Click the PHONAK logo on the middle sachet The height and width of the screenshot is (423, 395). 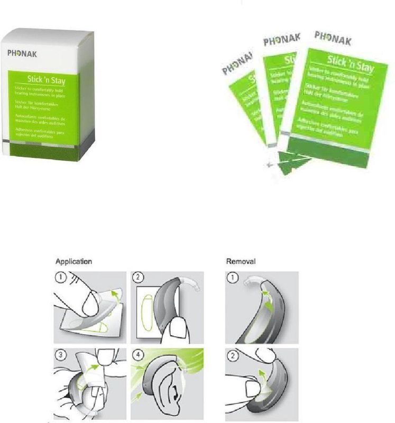click(x=282, y=41)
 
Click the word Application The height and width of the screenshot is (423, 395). click(x=74, y=261)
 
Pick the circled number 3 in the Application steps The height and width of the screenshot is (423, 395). click(x=63, y=355)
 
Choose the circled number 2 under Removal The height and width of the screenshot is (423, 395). click(x=233, y=355)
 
